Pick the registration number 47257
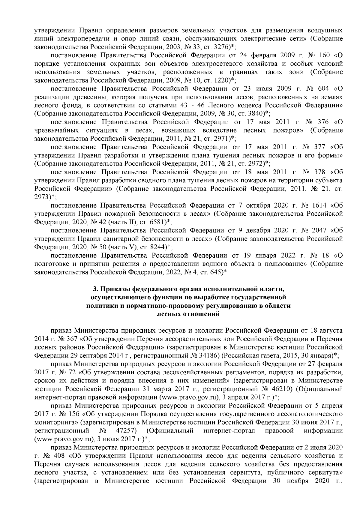point(126,431)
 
